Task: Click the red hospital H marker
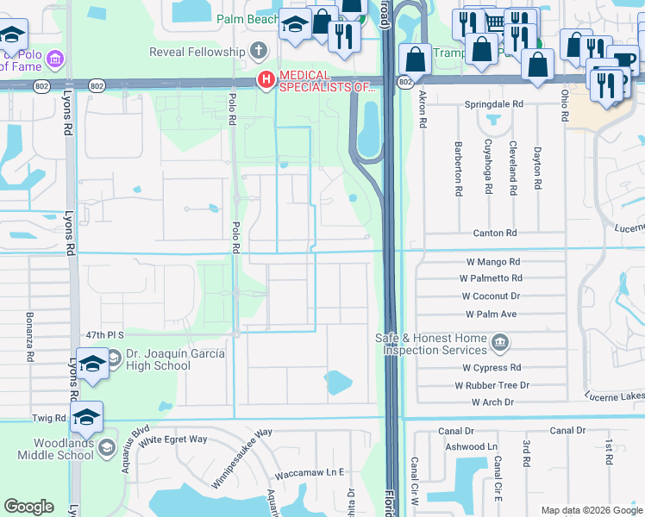(x=266, y=81)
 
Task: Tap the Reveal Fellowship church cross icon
(x=258, y=52)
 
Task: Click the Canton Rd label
(x=494, y=233)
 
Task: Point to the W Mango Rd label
(x=491, y=262)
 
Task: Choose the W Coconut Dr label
(x=491, y=296)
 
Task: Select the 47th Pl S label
(x=105, y=334)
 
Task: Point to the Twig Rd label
(x=49, y=417)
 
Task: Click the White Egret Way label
(x=173, y=439)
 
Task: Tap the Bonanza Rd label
(x=29, y=337)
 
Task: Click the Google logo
(x=28, y=507)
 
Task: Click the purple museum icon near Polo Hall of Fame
(x=54, y=59)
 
